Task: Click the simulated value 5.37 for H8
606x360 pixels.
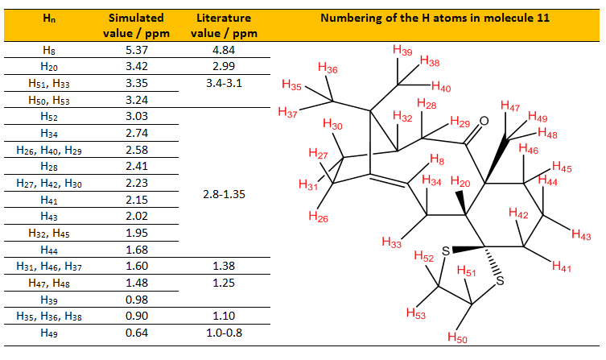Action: [137, 50]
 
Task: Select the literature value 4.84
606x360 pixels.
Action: [224, 50]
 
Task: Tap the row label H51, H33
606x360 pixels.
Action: [49, 84]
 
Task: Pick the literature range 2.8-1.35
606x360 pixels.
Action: [225, 194]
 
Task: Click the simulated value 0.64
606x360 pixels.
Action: [137, 333]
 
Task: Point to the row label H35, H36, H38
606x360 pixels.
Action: [49, 317]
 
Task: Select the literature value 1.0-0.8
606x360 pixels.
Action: [225, 333]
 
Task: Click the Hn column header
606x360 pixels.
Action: [49, 19]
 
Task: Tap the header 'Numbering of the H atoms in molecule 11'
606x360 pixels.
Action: [435, 18]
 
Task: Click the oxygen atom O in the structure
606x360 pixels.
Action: [484, 121]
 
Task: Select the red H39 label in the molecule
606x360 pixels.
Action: [402, 50]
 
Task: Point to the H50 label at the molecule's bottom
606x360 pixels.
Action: [457, 337]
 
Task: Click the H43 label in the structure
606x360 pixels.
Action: [581, 234]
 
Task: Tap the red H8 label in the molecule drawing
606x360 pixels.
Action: [437, 159]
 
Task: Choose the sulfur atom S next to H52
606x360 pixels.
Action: [446, 251]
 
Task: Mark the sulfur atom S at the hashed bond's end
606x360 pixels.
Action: [500, 281]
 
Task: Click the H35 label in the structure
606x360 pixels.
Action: [291, 85]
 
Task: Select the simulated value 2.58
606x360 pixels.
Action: [137, 150]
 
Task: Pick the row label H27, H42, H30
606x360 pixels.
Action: [49, 184]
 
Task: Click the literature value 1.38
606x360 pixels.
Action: [224, 266]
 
